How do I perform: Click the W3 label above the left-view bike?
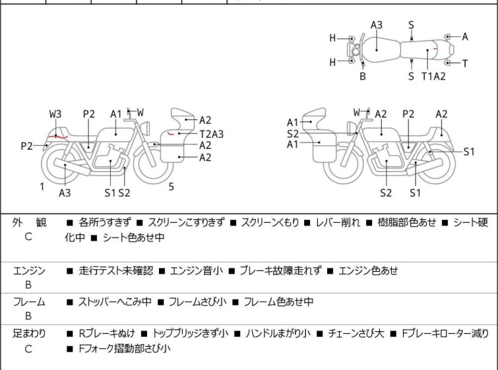(x=55, y=114)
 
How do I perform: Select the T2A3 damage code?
(x=212, y=134)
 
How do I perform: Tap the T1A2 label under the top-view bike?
(x=433, y=77)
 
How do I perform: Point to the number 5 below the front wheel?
(x=171, y=187)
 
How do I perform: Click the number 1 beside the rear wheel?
(x=42, y=187)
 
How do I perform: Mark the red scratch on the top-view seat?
(x=436, y=49)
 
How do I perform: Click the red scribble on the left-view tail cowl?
(x=57, y=137)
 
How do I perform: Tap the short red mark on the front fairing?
(x=171, y=133)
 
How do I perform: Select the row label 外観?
(x=29, y=222)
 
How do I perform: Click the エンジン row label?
(x=29, y=270)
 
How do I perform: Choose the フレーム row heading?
(x=29, y=301)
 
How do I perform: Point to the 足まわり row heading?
(x=29, y=334)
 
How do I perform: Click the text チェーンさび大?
(x=356, y=334)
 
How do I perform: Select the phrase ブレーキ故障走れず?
(x=280, y=270)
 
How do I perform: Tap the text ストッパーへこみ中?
(x=115, y=301)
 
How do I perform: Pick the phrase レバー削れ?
(x=338, y=222)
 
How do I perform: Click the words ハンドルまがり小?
(x=278, y=334)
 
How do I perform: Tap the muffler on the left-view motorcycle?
(x=72, y=167)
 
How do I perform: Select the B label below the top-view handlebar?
(x=363, y=77)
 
